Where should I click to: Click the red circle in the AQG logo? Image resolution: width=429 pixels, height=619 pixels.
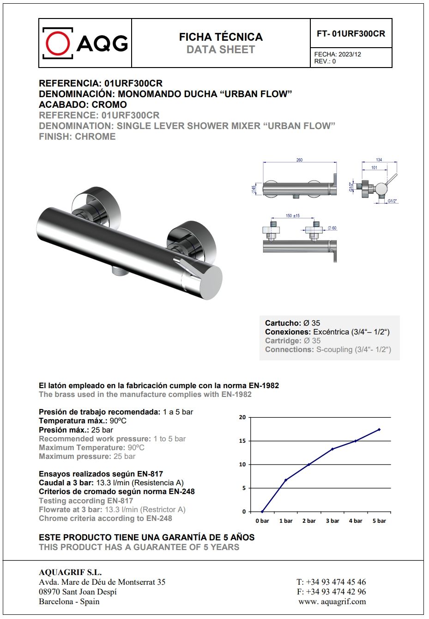[x=58, y=43]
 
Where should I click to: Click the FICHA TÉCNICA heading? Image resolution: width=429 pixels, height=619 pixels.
[x=221, y=37]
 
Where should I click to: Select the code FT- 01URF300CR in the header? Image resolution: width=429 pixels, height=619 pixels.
[x=351, y=34]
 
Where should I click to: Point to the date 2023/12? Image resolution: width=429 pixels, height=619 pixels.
[x=350, y=54]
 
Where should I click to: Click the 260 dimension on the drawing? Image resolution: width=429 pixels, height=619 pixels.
[x=299, y=160]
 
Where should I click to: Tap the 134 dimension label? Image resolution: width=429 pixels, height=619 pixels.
[x=379, y=160]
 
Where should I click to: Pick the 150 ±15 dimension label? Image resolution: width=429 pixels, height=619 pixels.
[x=292, y=216]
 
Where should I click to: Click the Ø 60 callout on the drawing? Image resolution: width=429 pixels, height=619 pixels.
[x=332, y=228]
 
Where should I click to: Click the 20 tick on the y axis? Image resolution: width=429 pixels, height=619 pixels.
[x=242, y=417]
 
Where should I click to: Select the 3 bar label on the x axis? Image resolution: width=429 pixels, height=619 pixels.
[x=332, y=521]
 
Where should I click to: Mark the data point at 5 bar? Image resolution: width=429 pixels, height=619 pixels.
[x=379, y=429]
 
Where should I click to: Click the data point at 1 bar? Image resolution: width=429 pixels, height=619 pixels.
[x=286, y=480]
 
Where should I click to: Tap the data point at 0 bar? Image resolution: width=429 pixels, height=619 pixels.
[x=262, y=512]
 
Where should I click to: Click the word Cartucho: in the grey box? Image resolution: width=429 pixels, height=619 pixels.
[x=283, y=323]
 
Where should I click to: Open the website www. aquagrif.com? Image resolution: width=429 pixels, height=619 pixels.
[x=332, y=601]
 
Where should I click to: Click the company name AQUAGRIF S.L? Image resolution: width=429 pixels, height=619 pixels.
[x=70, y=572]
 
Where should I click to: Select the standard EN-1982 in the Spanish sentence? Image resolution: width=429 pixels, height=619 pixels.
[x=264, y=385]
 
